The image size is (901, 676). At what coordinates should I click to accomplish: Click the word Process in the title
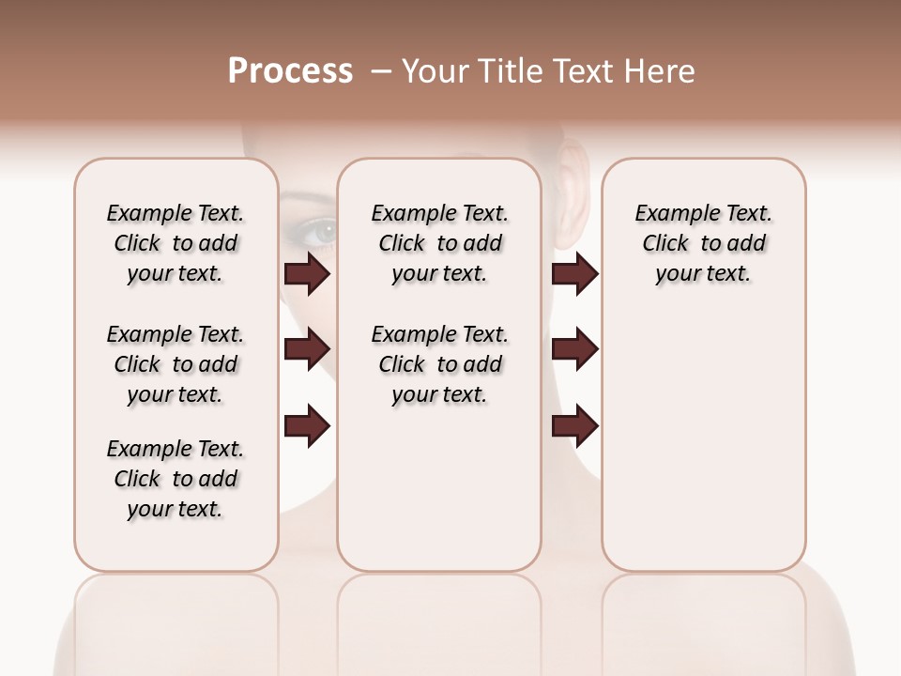pyautogui.click(x=290, y=71)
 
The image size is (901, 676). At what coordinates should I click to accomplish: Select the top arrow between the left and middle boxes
pyautogui.click(x=307, y=273)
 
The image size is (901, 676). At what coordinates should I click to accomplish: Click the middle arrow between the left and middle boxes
pyautogui.click(x=307, y=349)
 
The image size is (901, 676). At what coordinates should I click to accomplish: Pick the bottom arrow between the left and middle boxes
pyautogui.click(x=307, y=426)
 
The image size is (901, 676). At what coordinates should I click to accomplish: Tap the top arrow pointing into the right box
pyautogui.click(x=574, y=273)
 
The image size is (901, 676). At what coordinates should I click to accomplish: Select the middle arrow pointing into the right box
pyautogui.click(x=574, y=349)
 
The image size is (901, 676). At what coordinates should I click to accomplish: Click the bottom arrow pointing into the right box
pyautogui.click(x=574, y=426)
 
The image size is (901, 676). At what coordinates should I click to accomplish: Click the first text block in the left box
pyautogui.click(x=176, y=243)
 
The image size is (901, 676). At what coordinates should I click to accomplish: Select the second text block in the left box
pyautogui.click(x=176, y=364)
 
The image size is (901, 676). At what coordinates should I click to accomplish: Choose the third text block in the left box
pyautogui.click(x=176, y=479)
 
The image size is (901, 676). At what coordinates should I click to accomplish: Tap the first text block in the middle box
pyautogui.click(x=440, y=243)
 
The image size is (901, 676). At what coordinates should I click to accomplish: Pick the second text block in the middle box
pyautogui.click(x=440, y=364)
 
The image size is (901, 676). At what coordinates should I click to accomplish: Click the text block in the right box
pyautogui.click(x=704, y=243)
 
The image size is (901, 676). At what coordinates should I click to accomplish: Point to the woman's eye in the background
pyautogui.click(x=322, y=229)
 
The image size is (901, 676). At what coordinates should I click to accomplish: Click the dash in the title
pyautogui.click(x=381, y=71)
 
